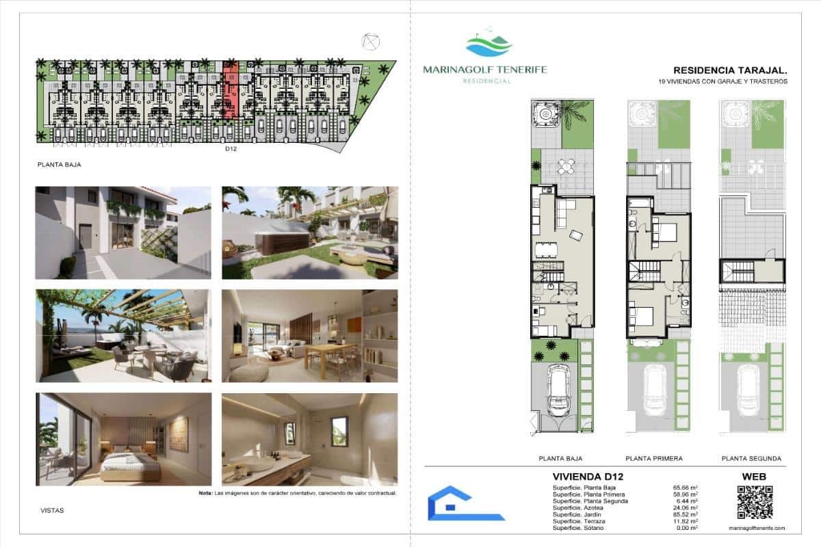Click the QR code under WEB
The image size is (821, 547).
pos(754,503)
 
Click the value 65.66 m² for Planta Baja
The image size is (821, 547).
pos(685,488)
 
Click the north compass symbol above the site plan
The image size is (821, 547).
pos(371,42)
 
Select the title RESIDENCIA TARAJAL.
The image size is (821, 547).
pos(730,70)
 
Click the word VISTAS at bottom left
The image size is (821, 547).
pos(53,509)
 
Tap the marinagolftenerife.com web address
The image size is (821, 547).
pos(754,528)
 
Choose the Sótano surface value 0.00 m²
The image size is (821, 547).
pos(686,528)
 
